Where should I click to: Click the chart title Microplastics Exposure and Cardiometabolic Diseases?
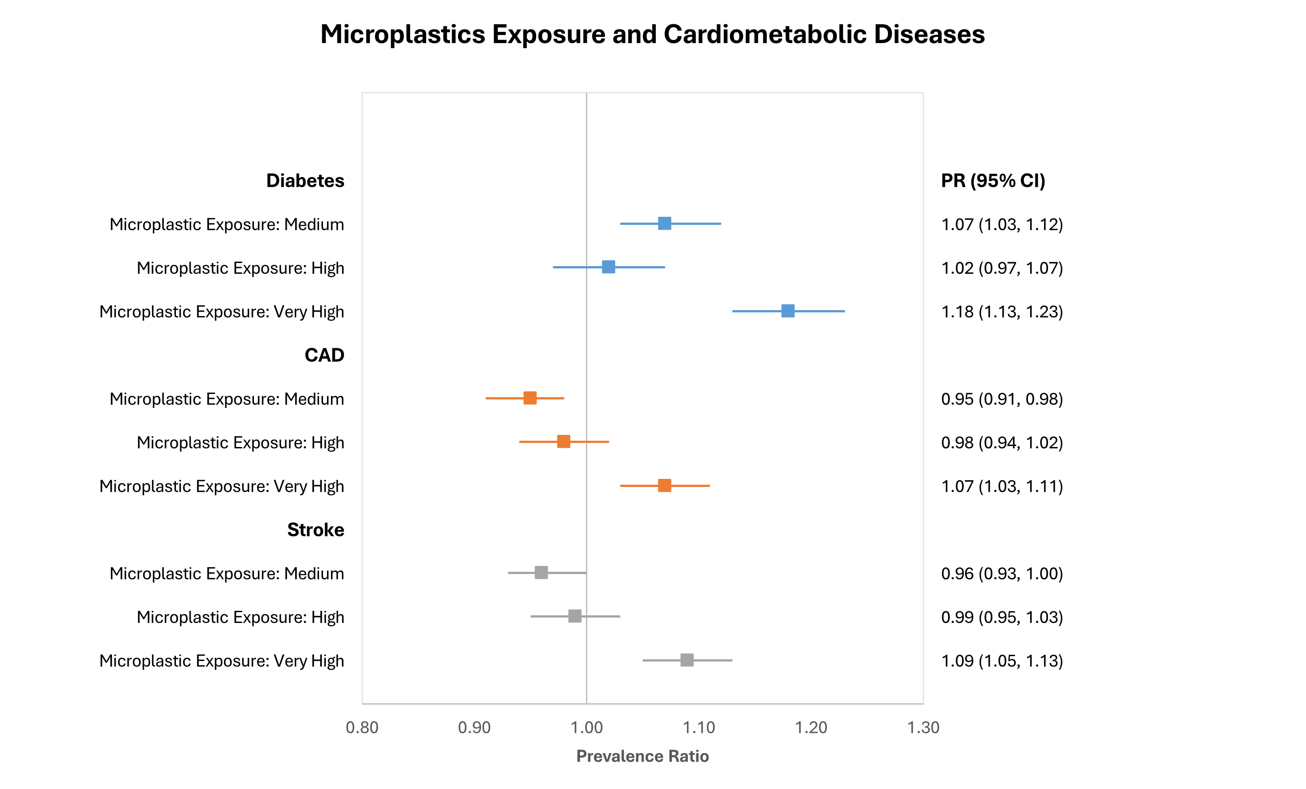tap(652, 35)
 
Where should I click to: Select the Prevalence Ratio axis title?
tap(642, 756)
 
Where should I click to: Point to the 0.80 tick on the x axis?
tap(362, 728)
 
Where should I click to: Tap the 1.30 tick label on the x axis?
tap(923, 728)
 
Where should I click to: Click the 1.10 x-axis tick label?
tap(699, 728)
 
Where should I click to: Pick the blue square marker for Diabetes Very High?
tap(788, 311)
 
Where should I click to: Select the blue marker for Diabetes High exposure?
tap(608, 267)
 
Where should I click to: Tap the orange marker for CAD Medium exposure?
tap(530, 398)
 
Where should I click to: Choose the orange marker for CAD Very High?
tap(664, 486)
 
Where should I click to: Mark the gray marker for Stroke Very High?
tap(687, 660)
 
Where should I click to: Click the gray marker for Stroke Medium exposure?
tap(541, 573)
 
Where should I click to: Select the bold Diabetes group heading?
tap(305, 181)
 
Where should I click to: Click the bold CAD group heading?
tap(324, 355)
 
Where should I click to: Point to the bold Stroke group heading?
tap(315, 530)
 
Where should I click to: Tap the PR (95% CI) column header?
tap(993, 181)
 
